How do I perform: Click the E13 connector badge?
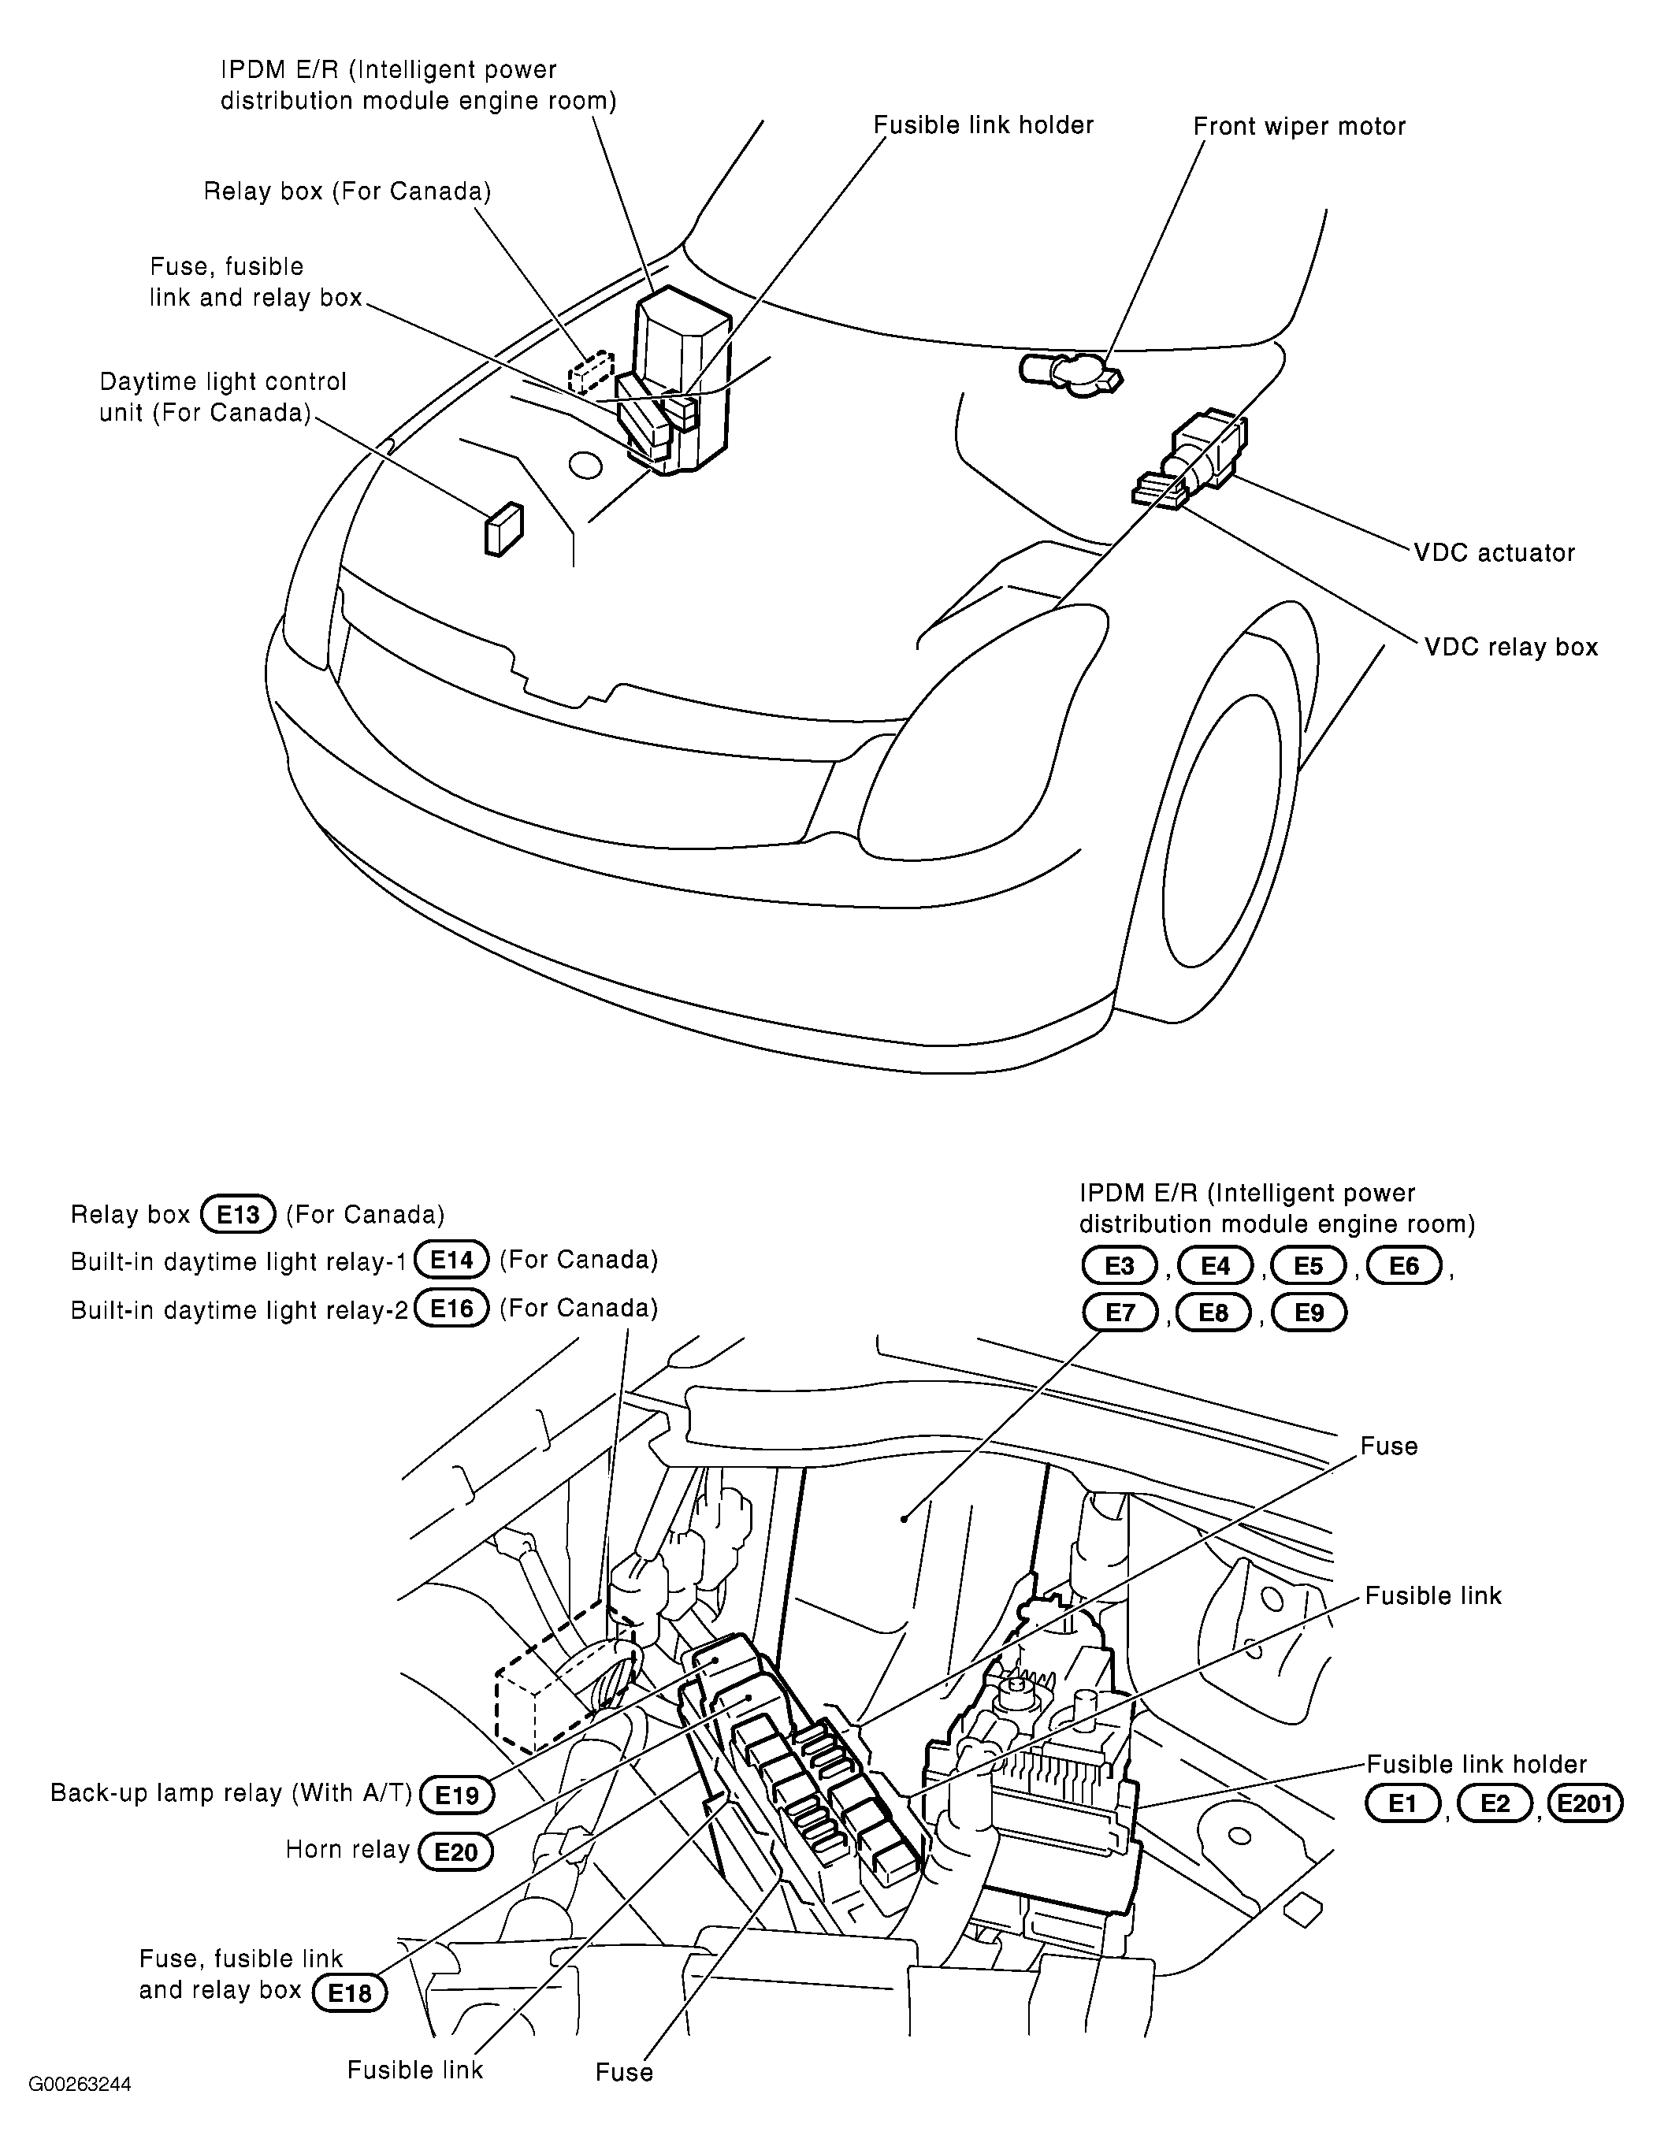[237, 1213]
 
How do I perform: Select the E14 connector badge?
[451, 1260]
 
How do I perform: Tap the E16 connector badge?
[451, 1308]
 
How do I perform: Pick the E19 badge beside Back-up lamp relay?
[456, 1795]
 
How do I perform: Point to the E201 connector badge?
[1585, 1803]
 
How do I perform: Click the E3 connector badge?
[1119, 1265]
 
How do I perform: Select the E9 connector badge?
[1309, 1313]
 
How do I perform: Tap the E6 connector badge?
[1404, 1265]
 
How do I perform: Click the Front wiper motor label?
[1298, 126]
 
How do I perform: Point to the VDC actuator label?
[1494, 553]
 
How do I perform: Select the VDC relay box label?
[1511, 647]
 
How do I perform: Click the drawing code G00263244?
[80, 2084]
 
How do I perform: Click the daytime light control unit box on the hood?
[503, 530]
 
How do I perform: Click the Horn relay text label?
[347, 1850]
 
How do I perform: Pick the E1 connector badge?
[1402, 1803]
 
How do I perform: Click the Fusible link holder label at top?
[983, 125]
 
